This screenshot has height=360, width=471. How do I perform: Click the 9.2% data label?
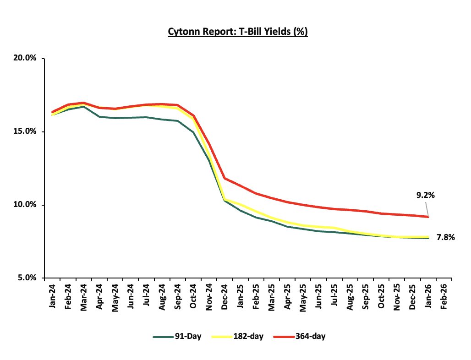click(x=426, y=195)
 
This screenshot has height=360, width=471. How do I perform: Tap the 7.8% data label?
click(x=446, y=237)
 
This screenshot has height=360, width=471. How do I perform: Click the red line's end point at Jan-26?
click(x=428, y=217)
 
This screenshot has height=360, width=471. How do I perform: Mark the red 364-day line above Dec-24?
click(x=224, y=178)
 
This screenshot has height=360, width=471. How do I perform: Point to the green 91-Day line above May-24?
click(x=115, y=118)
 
